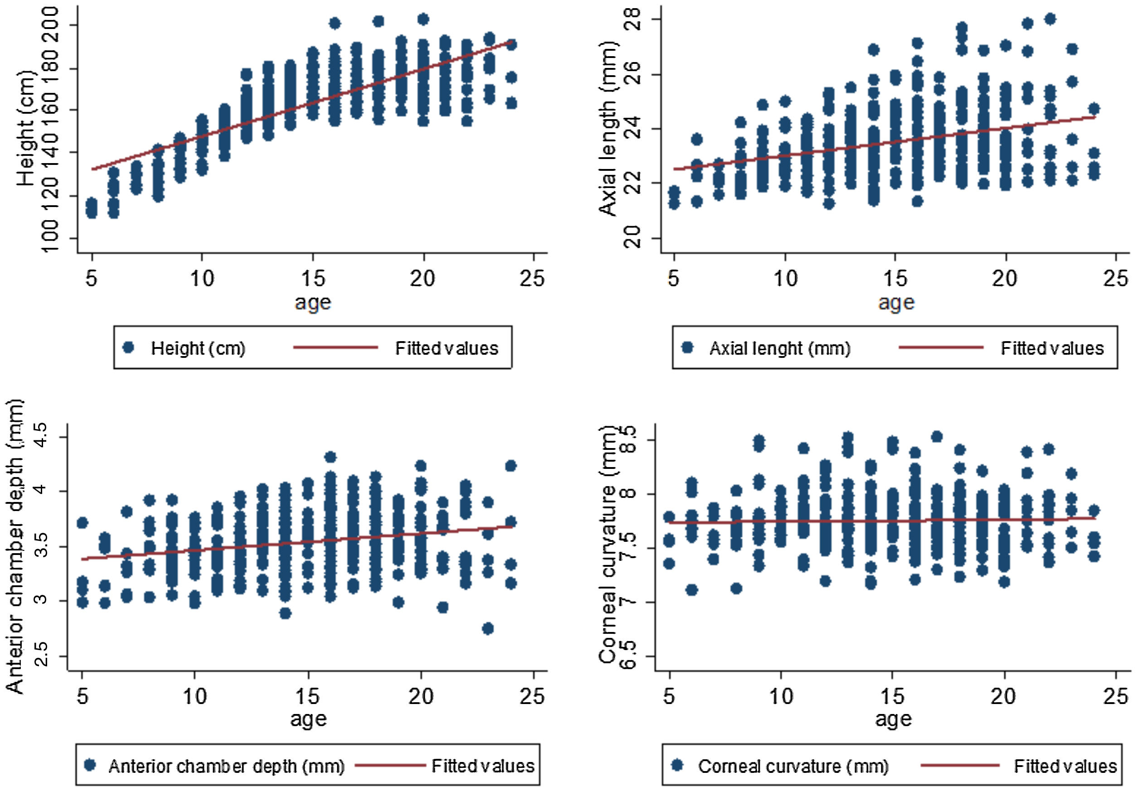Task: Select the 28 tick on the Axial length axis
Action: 633,19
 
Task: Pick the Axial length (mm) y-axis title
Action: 608,129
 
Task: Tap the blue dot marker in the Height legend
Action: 129,348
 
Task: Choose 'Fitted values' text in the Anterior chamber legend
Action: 483,766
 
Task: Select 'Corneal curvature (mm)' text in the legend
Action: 793,766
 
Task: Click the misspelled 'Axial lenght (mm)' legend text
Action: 779,348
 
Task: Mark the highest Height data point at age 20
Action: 423,19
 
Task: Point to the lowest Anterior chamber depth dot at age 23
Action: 488,629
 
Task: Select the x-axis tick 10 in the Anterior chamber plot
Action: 194,697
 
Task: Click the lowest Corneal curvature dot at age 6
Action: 692,590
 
